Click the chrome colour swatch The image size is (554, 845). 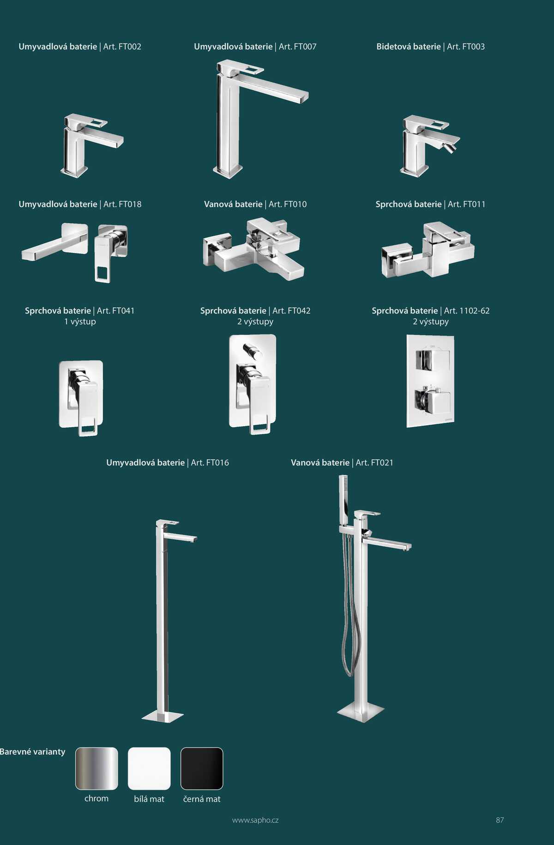point(96,768)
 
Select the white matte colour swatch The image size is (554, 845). point(149,768)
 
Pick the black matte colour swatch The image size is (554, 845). point(202,768)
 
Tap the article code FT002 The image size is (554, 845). point(130,47)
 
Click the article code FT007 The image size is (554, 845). point(305,47)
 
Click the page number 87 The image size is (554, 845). point(500,820)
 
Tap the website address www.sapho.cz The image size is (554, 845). point(255,821)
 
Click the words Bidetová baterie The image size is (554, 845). point(409,47)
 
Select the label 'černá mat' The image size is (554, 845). point(202,799)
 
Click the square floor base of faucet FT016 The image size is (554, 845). point(163,716)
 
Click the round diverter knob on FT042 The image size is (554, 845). point(253,351)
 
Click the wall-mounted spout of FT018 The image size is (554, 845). point(54,242)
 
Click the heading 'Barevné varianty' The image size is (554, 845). point(33,752)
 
